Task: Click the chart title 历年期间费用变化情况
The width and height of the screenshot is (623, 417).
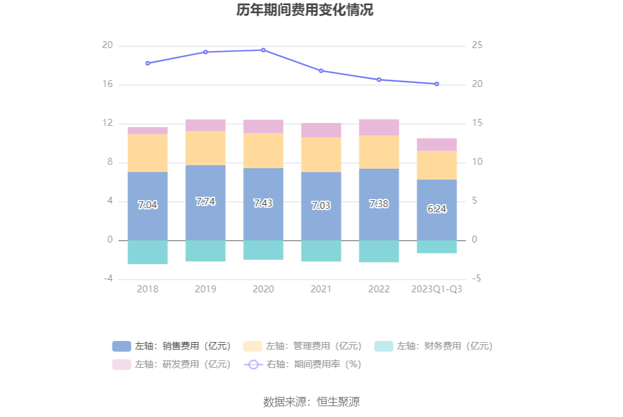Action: [305, 10]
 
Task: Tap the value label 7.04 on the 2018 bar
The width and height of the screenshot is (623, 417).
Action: [147, 205]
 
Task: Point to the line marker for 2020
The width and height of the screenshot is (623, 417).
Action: [263, 50]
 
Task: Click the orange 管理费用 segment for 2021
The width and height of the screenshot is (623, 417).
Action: [321, 154]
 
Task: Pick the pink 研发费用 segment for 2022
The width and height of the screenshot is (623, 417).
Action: [379, 127]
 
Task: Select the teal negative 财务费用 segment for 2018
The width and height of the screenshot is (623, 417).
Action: [147, 252]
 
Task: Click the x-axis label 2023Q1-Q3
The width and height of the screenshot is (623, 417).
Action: [437, 289]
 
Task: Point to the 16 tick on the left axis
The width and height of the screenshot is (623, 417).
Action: [107, 85]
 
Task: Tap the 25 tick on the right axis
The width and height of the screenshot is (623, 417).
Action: [477, 46]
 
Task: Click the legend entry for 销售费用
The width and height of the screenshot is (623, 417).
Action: [171, 346]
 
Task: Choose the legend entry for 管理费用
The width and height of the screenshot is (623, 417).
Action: [302, 346]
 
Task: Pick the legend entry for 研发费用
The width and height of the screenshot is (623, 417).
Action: [171, 364]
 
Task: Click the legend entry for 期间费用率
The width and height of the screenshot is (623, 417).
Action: [302, 364]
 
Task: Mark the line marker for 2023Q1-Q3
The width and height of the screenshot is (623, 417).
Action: [437, 84]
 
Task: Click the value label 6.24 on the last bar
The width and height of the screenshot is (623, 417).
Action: [437, 209]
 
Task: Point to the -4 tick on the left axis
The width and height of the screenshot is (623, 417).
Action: [107, 279]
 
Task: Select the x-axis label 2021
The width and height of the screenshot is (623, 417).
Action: [321, 289]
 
